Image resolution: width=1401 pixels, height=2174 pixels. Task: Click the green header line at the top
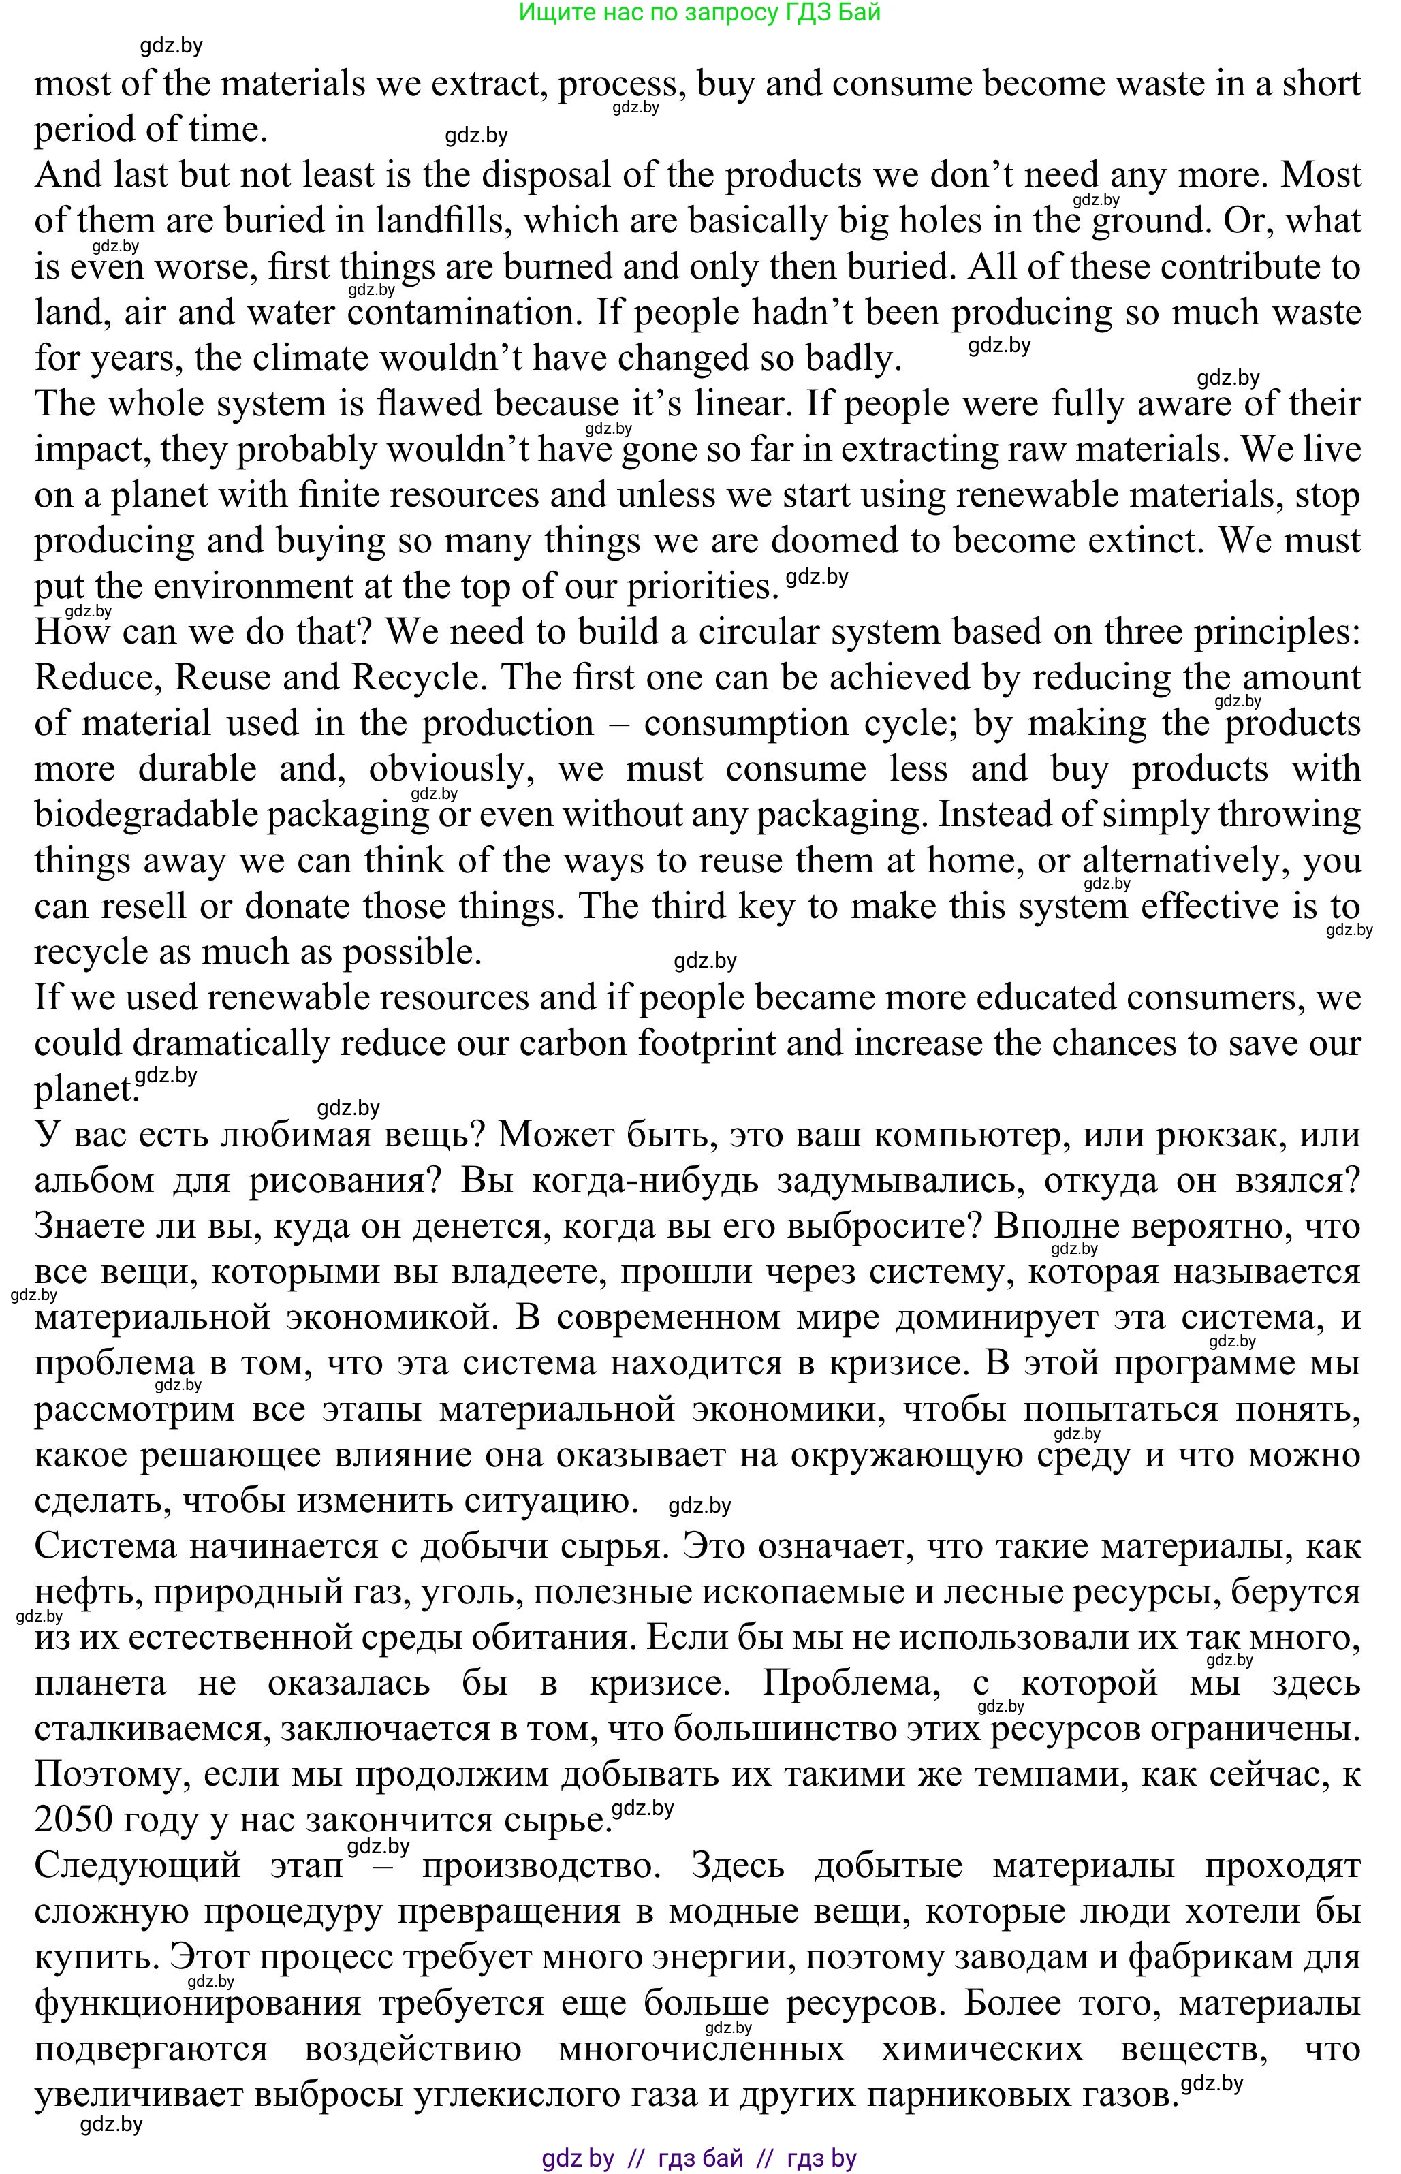click(x=699, y=13)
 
